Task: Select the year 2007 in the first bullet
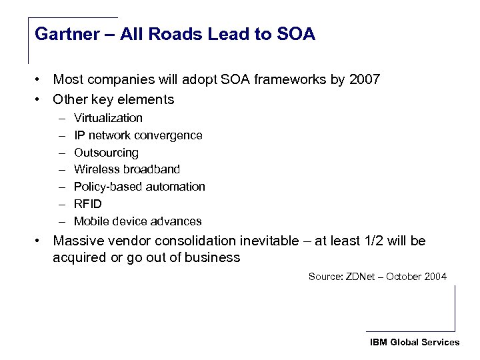pyautogui.click(x=363, y=80)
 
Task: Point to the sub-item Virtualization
pyautogui.click(x=108, y=118)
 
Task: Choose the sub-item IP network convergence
pyautogui.click(x=138, y=135)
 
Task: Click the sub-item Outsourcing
pyautogui.click(x=106, y=153)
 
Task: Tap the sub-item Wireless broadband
pyautogui.click(x=127, y=169)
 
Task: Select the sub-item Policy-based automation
pyautogui.click(x=139, y=187)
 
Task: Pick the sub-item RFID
pyautogui.click(x=88, y=204)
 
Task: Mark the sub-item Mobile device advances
pyautogui.click(x=137, y=221)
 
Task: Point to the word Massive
pyautogui.click(x=79, y=241)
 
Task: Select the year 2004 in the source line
pyautogui.click(x=435, y=277)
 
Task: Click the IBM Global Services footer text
pyautogui.click(x=415, y=342)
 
